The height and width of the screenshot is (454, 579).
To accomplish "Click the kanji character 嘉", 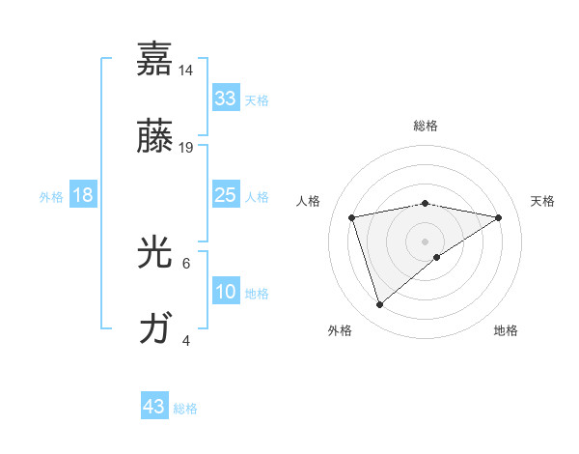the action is click(x=154, y=60).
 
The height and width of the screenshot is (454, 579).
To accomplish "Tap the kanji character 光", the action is click(x=154, y=253).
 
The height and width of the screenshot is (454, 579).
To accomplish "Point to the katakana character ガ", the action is click(x=154, y=329).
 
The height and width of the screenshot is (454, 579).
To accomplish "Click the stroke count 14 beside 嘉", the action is click(x=186, y=71).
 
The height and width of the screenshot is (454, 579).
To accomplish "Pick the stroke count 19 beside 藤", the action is click(x=186, y=147).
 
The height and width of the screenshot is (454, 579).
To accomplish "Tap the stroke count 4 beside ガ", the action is click(x=186, y=340).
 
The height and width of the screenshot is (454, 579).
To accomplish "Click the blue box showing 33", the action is click(x=225, y=99).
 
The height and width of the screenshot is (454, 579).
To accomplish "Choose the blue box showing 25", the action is click(x=225, y=195).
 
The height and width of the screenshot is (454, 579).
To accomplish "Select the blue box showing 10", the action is click(x=225, y=292).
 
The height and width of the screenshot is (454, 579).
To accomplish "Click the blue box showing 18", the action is click(x=83, y=195).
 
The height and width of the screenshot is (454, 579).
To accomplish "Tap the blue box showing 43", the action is click(x=154, y=407).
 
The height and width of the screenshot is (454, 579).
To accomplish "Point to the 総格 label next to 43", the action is click(x=186, y=409).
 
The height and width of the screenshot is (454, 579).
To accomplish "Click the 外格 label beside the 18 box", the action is click(x=51, y=196).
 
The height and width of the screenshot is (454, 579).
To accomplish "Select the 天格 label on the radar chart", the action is click(x=543, y=201).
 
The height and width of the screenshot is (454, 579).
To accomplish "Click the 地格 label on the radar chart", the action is click(x=506, y=330).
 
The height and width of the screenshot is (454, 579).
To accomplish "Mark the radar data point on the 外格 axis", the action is click(x=380, y=305).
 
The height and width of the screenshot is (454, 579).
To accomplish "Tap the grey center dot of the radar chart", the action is click(x=425, y=241).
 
